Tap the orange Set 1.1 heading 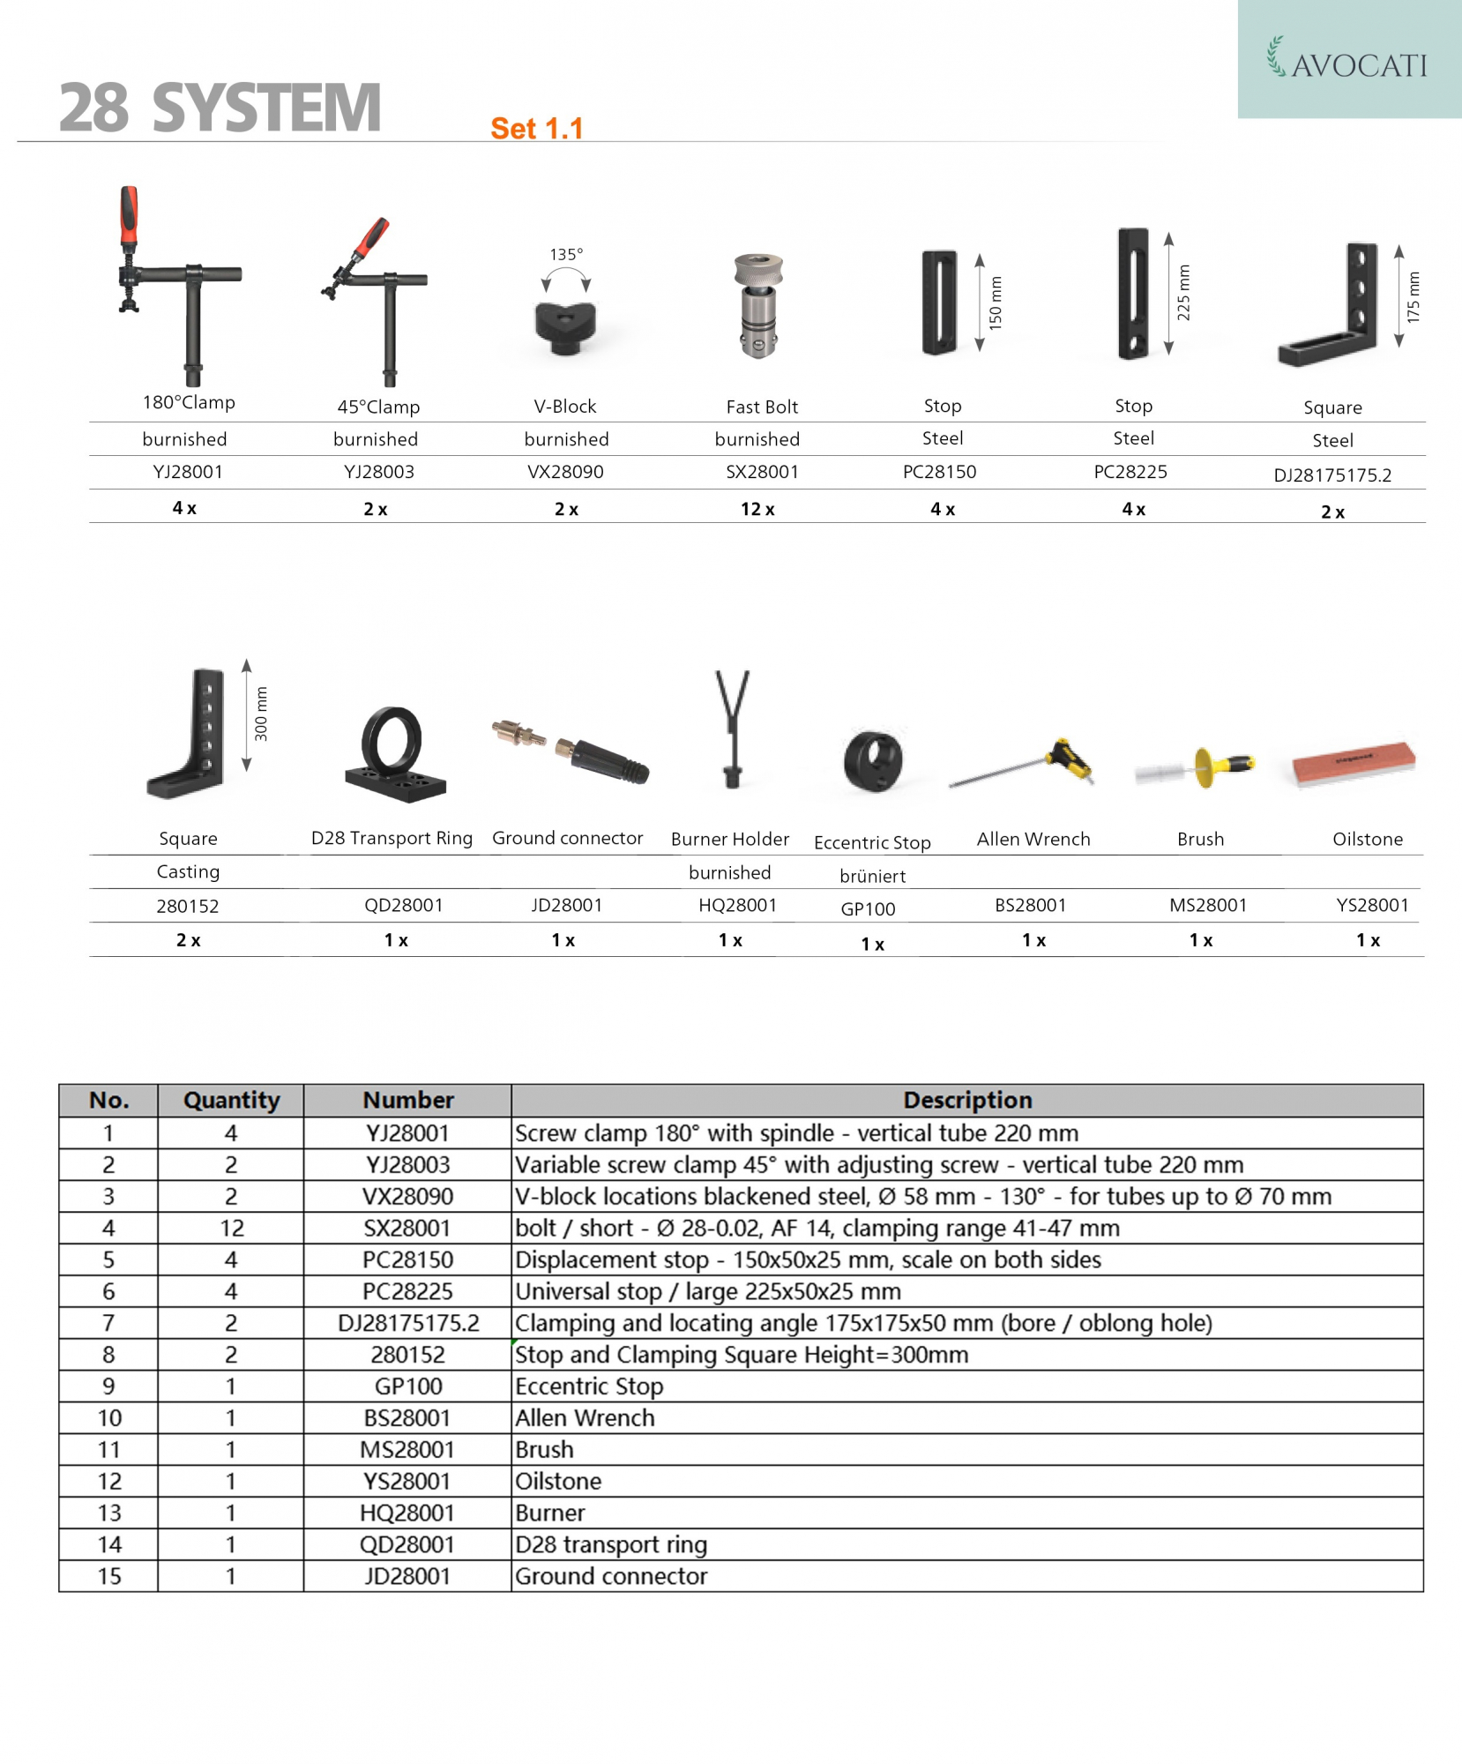536,129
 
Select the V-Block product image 565,326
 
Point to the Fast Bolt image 758,305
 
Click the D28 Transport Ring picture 393,754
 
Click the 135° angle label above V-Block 566,254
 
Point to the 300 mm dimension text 261,714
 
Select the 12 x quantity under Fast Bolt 757,509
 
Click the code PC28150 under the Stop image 939,472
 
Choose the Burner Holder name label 729,839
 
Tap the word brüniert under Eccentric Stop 872,876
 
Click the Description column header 966,1100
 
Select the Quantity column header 231,1100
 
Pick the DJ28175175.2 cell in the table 408,1323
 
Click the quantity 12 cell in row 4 231,1228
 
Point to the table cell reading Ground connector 611,1576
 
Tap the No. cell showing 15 108,1576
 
